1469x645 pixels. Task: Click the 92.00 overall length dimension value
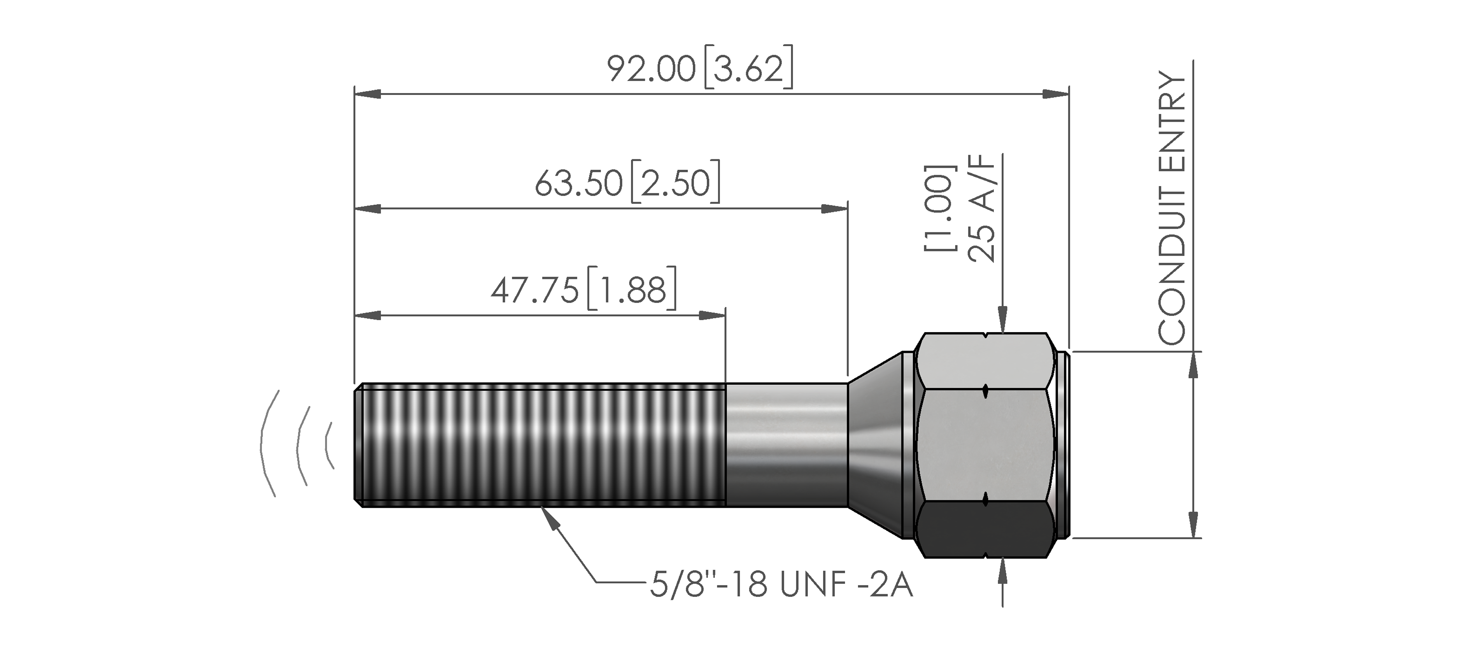[651, 69]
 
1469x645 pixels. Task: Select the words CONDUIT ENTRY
[1172, 208]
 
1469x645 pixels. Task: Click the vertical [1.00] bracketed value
[939, 208]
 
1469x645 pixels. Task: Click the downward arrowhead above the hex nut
[1002, 319]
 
